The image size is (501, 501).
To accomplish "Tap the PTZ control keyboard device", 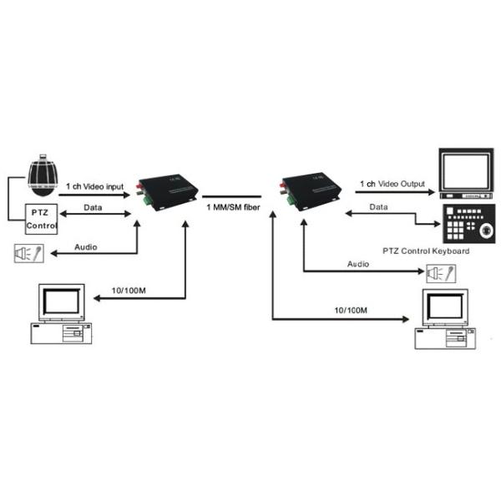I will tap(467, 222).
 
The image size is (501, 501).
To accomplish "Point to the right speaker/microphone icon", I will tap(439, 272).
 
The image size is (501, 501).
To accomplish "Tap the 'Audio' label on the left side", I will tap(86, 247).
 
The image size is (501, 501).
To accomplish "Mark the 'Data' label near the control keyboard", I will tap(379, 205).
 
